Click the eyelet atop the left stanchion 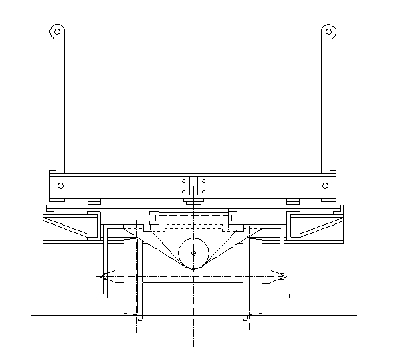click(x=58, y=31)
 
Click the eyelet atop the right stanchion click(x=328, y=31)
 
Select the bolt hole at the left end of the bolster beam click(x=61, y=185)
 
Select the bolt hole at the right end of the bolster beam click(x=326, y=185)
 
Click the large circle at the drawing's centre click(x=193, y=254)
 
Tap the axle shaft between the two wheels click(x=193, y=275)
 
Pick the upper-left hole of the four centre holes click(x=184, y=181)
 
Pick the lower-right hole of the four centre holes click(x=203, y=192)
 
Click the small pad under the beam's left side click(x=94, y=201)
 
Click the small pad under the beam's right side click(x=293, y=201)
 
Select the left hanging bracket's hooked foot click(x=102, y=294)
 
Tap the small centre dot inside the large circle click(x=193, y=254)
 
